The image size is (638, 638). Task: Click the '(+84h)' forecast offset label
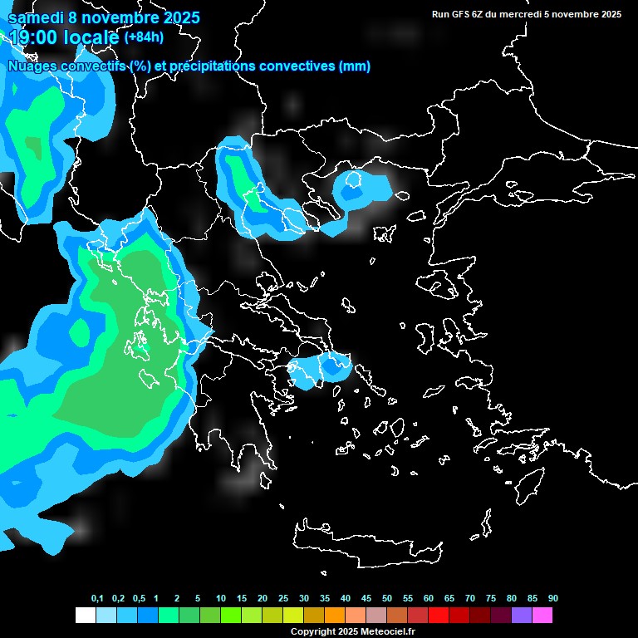pyautogui.click(x=144, y=37)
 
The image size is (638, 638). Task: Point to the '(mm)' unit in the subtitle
pyautogui.click(x=355, y=66)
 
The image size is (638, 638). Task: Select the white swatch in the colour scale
pyautogui.click(x=85, y=616)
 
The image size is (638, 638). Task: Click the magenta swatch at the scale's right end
pyautogui.click(x=542, y=616)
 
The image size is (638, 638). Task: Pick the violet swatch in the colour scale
pyautogui.click(x=522, y=616)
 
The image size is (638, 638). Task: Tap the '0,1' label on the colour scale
pyautogui.click(x=97, y=599)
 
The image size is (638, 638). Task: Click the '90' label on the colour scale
pyautogui.click(x=553, y=599)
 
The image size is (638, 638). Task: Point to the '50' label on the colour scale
pyautogui.click(x=387, y=599)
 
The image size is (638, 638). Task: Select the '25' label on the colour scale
pyautogui.click(x=283, y=599)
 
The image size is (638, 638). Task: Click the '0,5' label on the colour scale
pyautogui.click(x=139, y=599)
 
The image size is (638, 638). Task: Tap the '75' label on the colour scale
pyautogui.click(x=491, y=599)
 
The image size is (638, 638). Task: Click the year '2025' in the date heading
pyautogui.click(x=172, y=17)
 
